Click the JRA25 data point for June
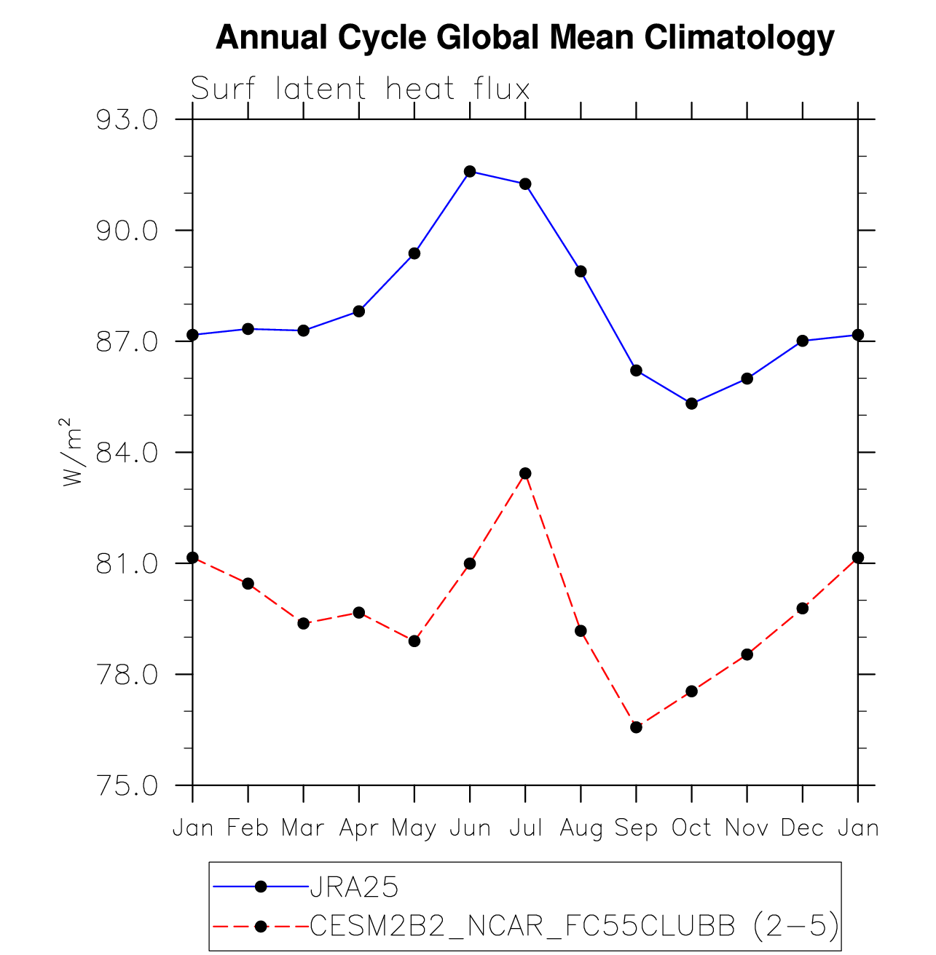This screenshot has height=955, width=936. click(x=470, y=172)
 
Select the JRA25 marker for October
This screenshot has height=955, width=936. click(x=691, y=403)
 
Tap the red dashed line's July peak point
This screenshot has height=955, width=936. click(x=525, y=474)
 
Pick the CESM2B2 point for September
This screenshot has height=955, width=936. click(x=636, y=727)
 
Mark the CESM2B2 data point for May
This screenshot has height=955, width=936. click(x=414, y=641)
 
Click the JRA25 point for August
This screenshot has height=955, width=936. click(x=581, y=272)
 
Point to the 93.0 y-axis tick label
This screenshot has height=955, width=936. click(x=127, y=120)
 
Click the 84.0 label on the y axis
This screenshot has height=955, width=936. click(x=127, y=453)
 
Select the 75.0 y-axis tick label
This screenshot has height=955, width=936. click(x=127, y=786)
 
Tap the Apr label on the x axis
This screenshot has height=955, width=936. click(x=358, y=828)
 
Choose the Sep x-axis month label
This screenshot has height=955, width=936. click(x=636, y=828)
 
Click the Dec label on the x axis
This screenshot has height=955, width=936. click(x=802, y=828)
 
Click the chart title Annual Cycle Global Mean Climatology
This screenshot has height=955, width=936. click(x=524, y=38)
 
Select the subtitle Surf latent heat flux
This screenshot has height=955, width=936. click(x=360, y=90)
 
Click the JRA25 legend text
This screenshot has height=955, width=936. click(x=354, y=887)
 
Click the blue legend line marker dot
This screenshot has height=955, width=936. click(x=261, y=887)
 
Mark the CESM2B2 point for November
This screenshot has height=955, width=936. click(x=747, y=654)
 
